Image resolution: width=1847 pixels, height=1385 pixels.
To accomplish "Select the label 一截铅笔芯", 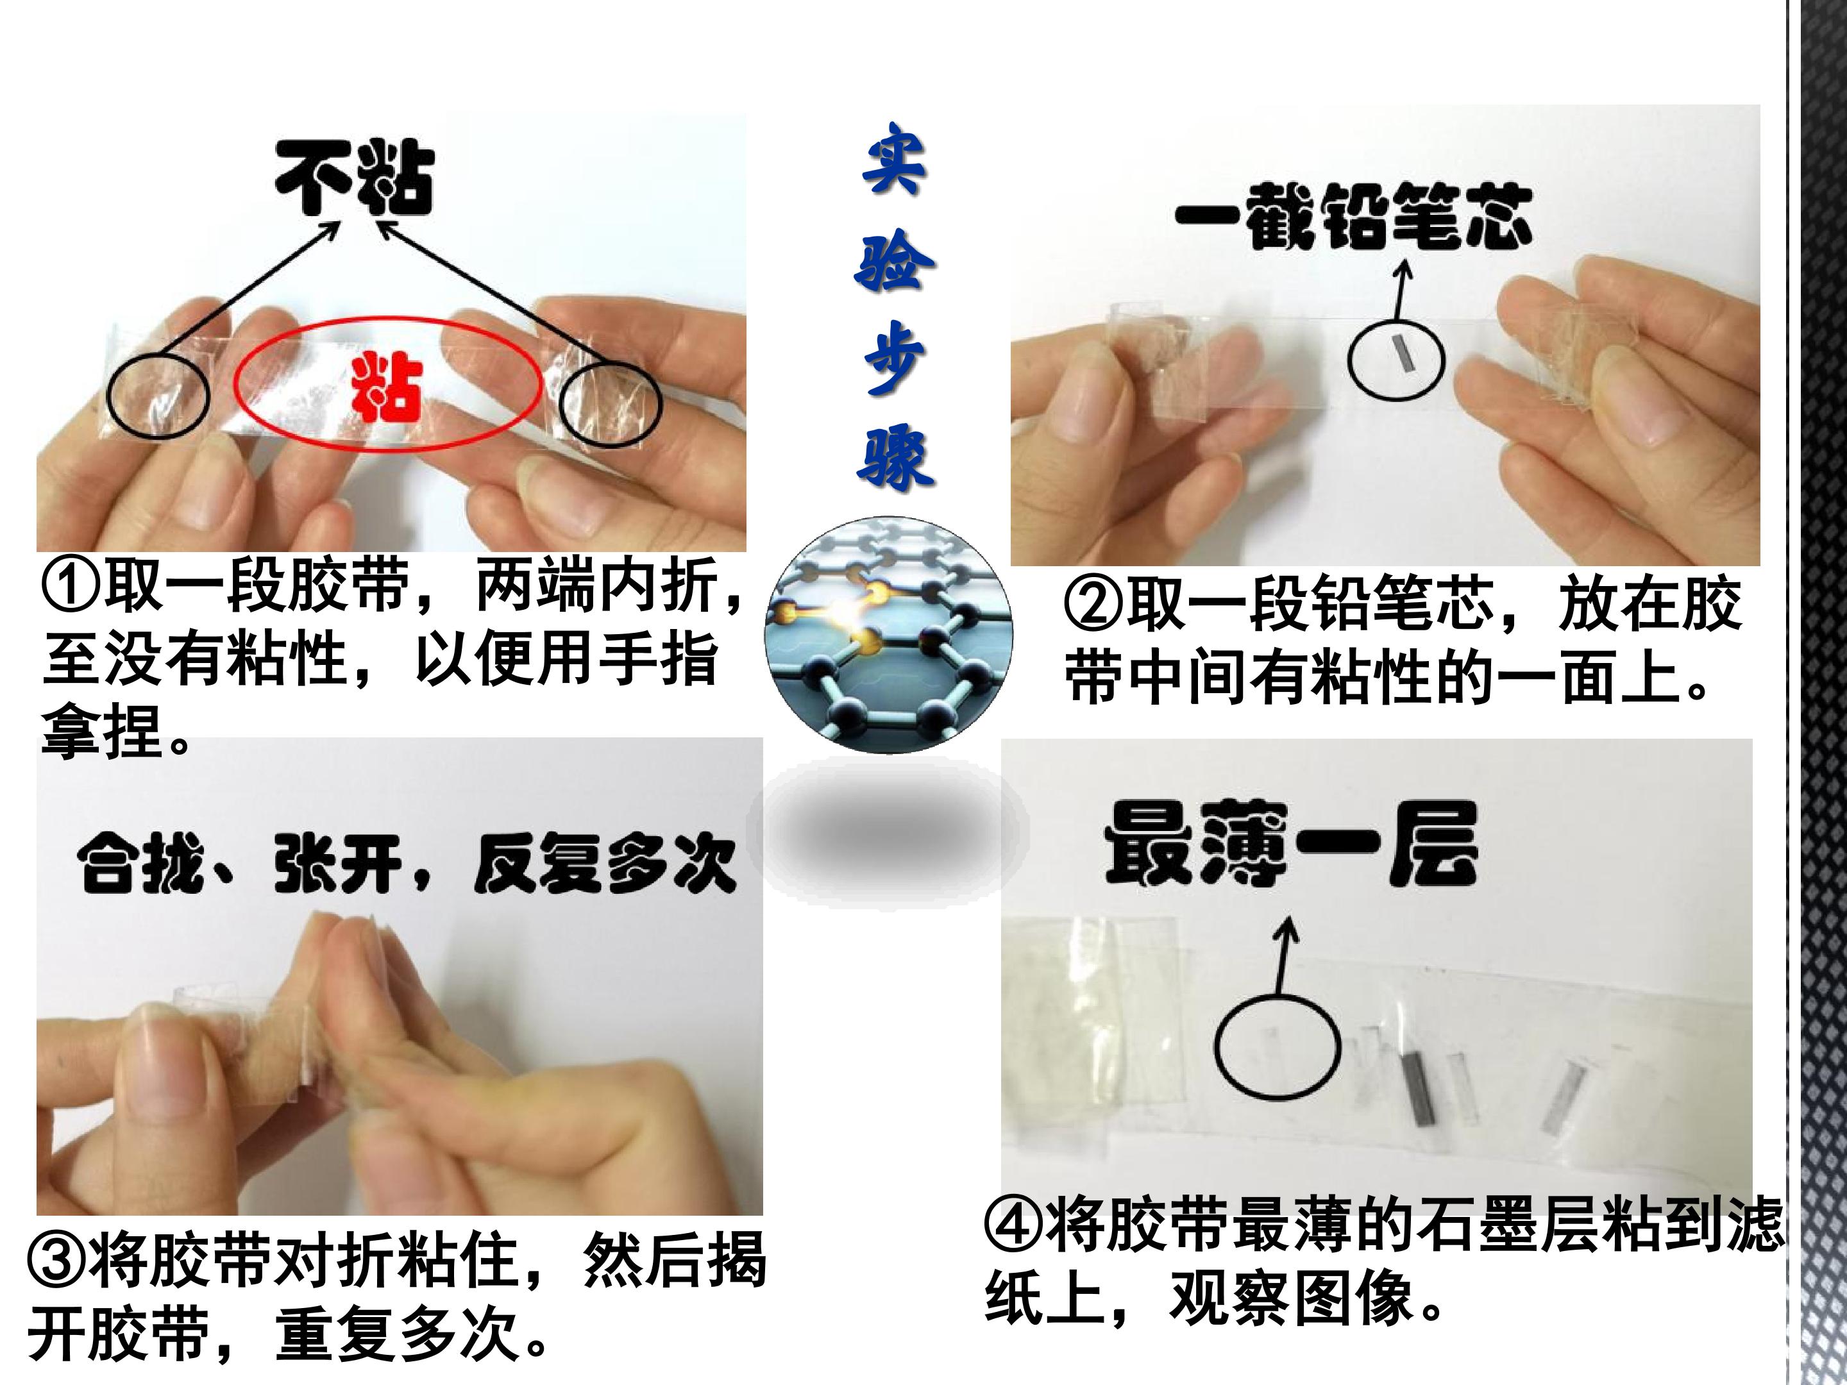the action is [1354, 215].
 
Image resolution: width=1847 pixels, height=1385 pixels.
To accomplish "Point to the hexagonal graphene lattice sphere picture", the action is [890, 635].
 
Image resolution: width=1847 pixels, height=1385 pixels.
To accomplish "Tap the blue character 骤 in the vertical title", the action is [893, 455].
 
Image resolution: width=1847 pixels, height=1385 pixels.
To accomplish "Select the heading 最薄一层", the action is [1291, 843].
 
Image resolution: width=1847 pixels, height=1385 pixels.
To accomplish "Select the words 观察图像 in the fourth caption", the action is [1294, 1298].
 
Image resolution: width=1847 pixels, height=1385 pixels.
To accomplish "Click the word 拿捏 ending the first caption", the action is [102, 732].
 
